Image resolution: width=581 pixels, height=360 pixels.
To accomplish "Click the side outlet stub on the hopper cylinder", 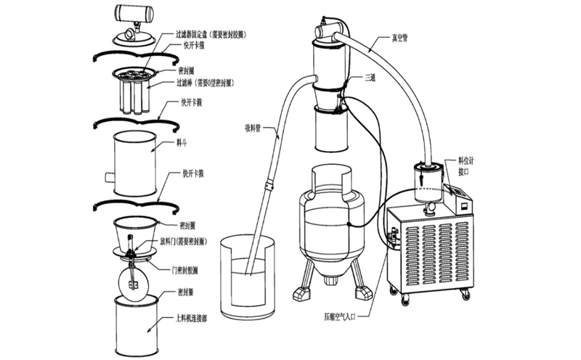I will click(x=109, y=176).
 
